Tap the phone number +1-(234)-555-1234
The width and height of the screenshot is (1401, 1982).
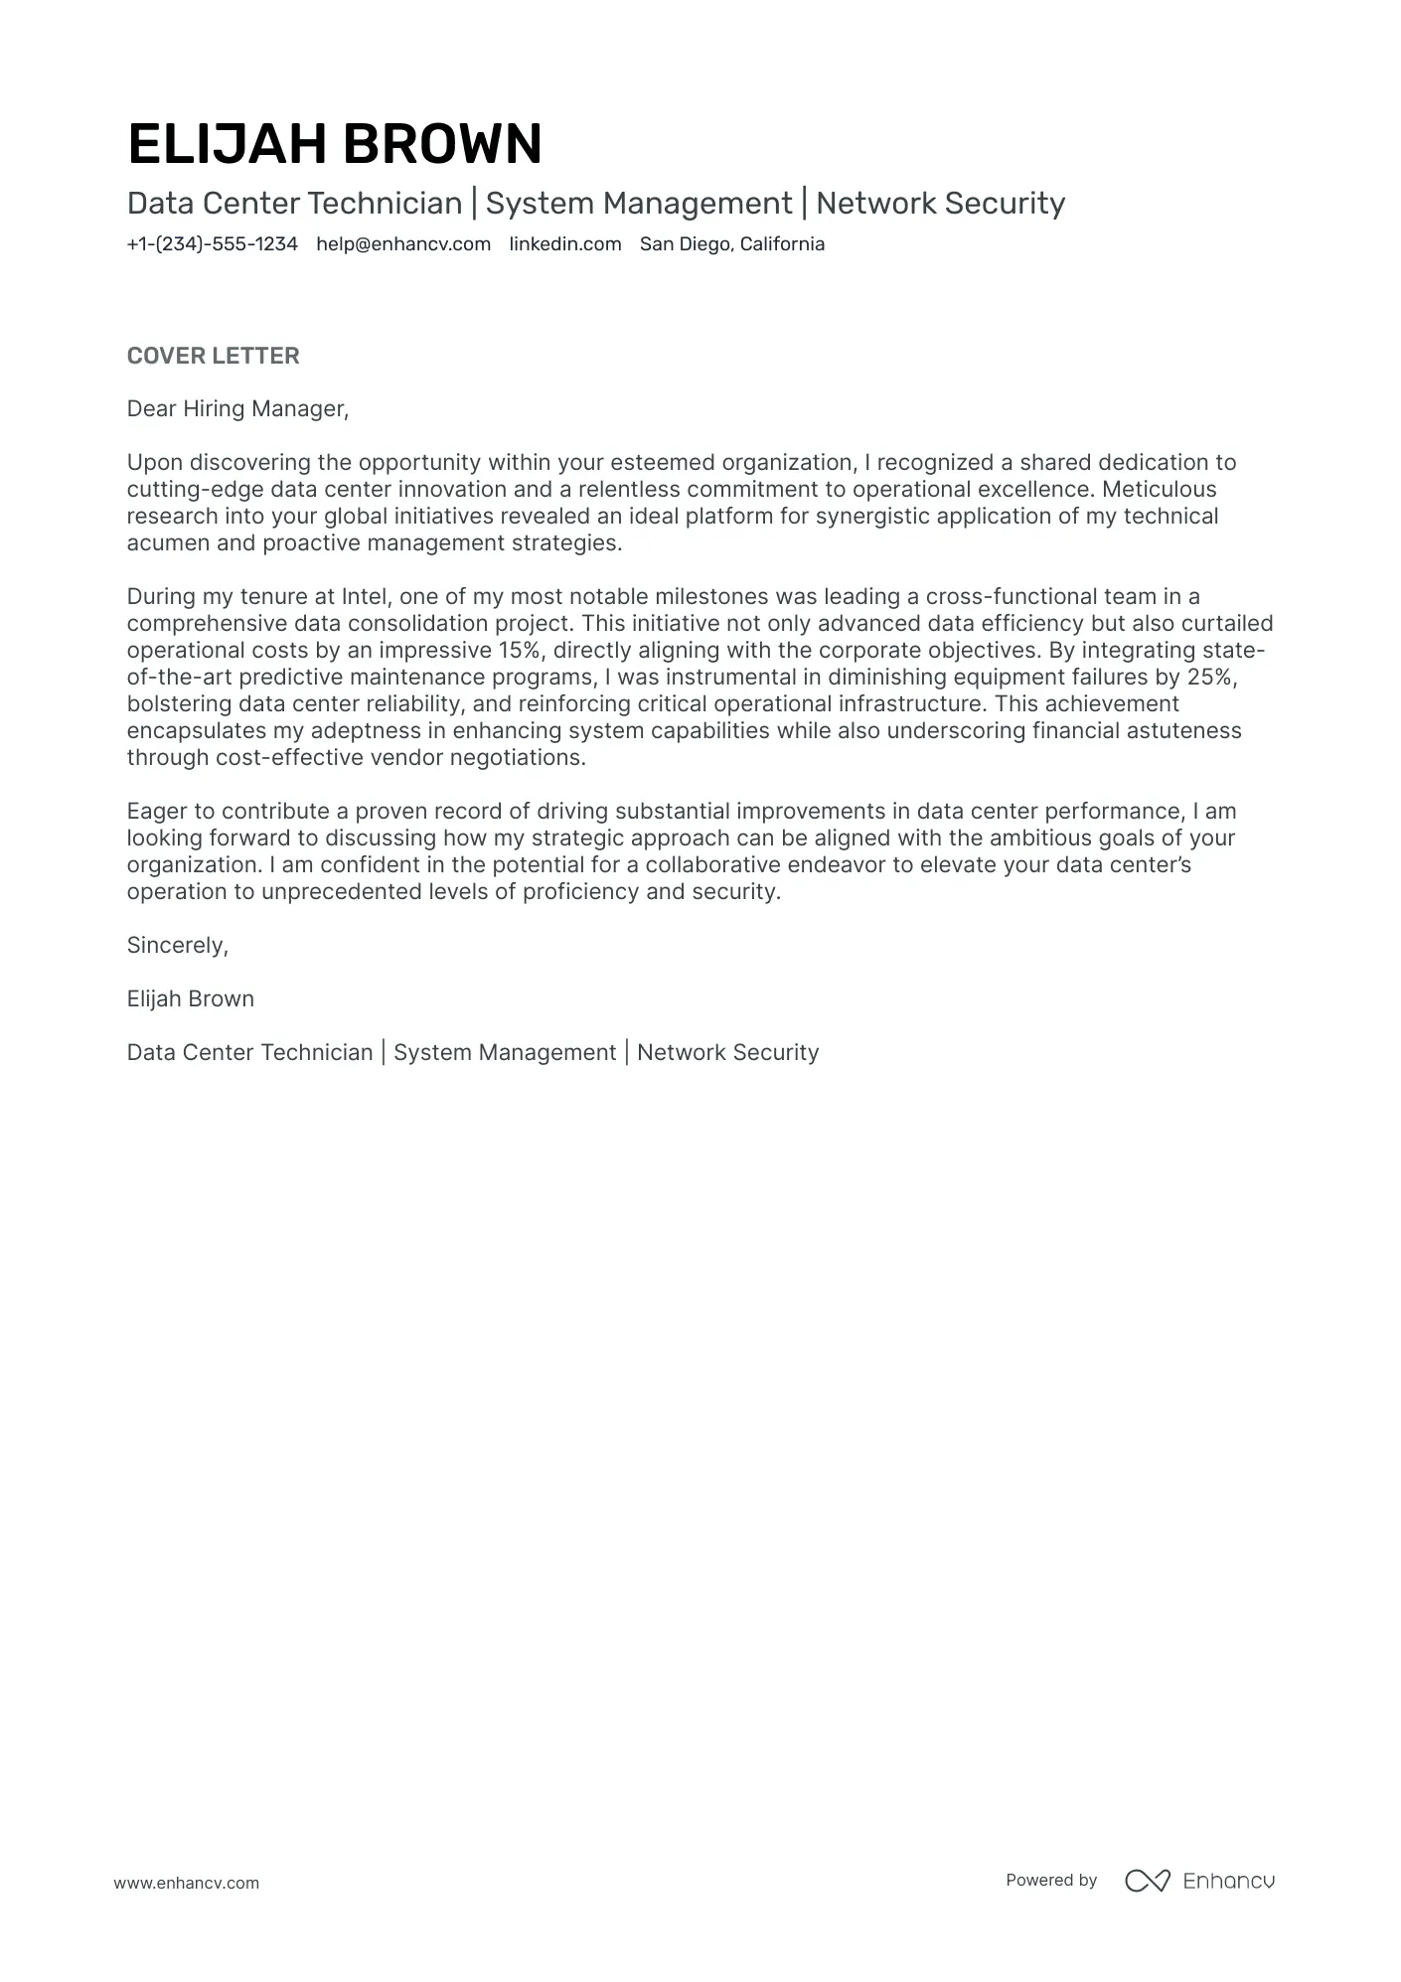(x=212, y=244)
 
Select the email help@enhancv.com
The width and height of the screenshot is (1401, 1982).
(x=403, y=244)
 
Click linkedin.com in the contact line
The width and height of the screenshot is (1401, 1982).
(x=564, y=244)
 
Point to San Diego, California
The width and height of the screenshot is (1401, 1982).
(x=731, y=244)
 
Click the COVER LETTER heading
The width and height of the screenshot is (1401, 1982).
(x=213, y=356)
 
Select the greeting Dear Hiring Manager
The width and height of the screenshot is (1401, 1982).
(x=237, y=408)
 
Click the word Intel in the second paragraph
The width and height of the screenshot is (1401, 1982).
(x=365, y=596)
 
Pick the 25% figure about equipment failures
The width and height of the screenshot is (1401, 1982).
(x=1209, y=677)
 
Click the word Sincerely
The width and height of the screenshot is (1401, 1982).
(x=177, y=945)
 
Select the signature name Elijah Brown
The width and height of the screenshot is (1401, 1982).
(x=190, y=998)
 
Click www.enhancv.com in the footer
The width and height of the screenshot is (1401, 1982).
(x=186, y=1883)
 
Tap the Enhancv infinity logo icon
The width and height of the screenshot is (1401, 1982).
(x=1148, y=1880)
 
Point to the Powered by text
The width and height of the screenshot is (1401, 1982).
(x=1050, y=1880)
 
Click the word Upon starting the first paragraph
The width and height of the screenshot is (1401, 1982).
(x=154, y=462)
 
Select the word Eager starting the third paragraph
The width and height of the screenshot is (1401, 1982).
(x=156, y=811)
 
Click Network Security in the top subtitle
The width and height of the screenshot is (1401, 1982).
(x=940, y=204)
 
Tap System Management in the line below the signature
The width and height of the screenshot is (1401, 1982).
(x=504, y=1052)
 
